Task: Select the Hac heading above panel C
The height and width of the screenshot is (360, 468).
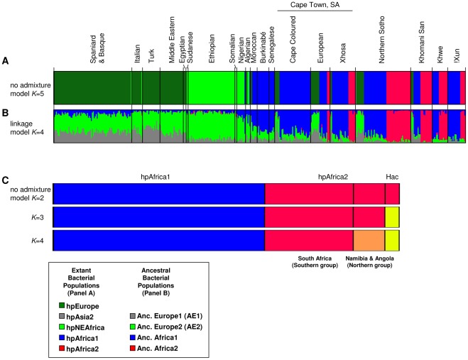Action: (392, 178)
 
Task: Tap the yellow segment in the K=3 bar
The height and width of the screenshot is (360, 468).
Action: (392, 216)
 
